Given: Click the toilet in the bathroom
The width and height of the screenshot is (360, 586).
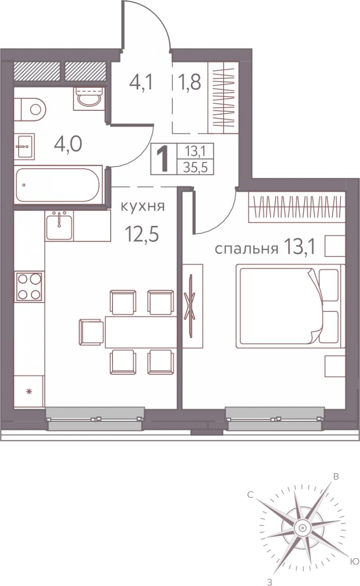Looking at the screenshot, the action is (x=30, y=109).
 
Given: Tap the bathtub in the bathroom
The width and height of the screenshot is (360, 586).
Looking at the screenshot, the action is (x=58, y=185).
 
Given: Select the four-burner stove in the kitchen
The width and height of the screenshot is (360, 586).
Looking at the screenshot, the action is (x=29, y=287).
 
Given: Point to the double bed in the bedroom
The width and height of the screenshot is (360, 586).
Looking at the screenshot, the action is (x=290, y=306).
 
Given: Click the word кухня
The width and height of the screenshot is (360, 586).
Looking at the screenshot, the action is (x=143, y=207).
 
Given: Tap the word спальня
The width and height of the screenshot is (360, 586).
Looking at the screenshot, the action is (x=246, y=249).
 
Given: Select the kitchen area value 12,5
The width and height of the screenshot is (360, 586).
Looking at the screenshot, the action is (x=142, y=234).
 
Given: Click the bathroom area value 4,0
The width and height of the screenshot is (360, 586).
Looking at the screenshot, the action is (x=68, y=144).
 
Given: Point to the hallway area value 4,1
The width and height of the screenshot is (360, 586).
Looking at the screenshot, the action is (x=141, y=82).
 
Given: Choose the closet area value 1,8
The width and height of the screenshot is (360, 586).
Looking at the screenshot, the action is (x=190, y=82).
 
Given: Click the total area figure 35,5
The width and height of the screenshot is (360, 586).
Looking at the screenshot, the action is (x=195, y=167).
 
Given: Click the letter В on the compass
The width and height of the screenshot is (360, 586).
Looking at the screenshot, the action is (x=336, y=477).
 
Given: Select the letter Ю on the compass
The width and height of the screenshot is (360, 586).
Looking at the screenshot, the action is (x=355, y=560).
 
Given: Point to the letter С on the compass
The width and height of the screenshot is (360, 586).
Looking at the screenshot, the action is (x=250, y=495).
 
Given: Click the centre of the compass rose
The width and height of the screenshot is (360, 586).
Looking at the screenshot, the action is (x=301, y=527).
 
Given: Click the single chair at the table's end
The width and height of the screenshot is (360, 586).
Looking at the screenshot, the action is (x=91, y=332).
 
